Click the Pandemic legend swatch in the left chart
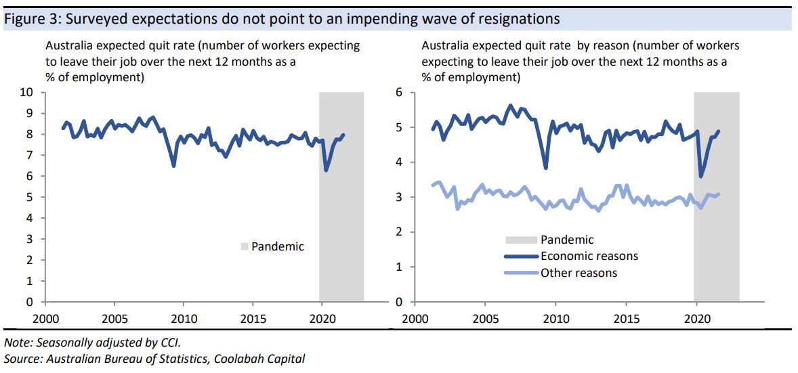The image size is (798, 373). [x=245, y=247]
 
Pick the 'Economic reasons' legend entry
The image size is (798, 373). [x=589, y=256]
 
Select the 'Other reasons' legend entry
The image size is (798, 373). [x=579, y=273]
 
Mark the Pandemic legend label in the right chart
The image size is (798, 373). [x=567, y=240]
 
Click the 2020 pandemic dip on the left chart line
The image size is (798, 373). [x=327, y=170]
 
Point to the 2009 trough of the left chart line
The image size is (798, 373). [x=174, y=166]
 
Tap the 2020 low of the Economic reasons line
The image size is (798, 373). [x=700, y=177]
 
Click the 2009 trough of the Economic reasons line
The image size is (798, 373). [x=546, y=168]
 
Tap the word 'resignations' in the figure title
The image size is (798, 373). [x=522, y=19]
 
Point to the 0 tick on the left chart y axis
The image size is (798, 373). [x=30, y=302]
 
